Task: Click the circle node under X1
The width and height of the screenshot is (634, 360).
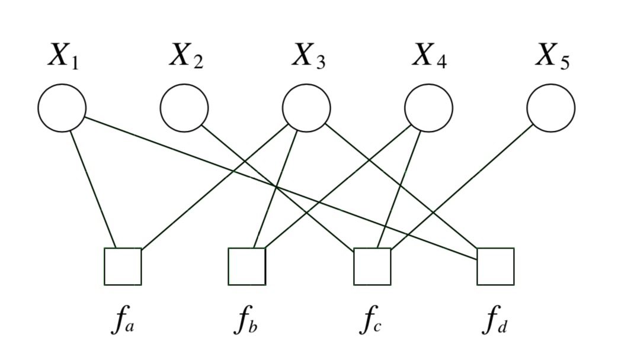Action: (x=62, y=108)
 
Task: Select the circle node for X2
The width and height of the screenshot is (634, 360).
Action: (x=184, y=108)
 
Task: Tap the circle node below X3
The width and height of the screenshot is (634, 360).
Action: (x=306, y=108)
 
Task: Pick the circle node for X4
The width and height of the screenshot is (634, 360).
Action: (x=428, y=108)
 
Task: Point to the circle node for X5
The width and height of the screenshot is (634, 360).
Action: (x=550, y=108)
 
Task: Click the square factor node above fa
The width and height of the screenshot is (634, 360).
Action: (x=123, y=266)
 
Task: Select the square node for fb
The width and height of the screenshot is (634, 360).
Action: (x=247, y=266)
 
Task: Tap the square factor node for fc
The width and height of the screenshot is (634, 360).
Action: (x=372, y=266)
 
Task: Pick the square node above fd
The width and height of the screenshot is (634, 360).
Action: (x=495, y=266)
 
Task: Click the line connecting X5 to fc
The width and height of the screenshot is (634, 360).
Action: (x=462, y=187)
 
